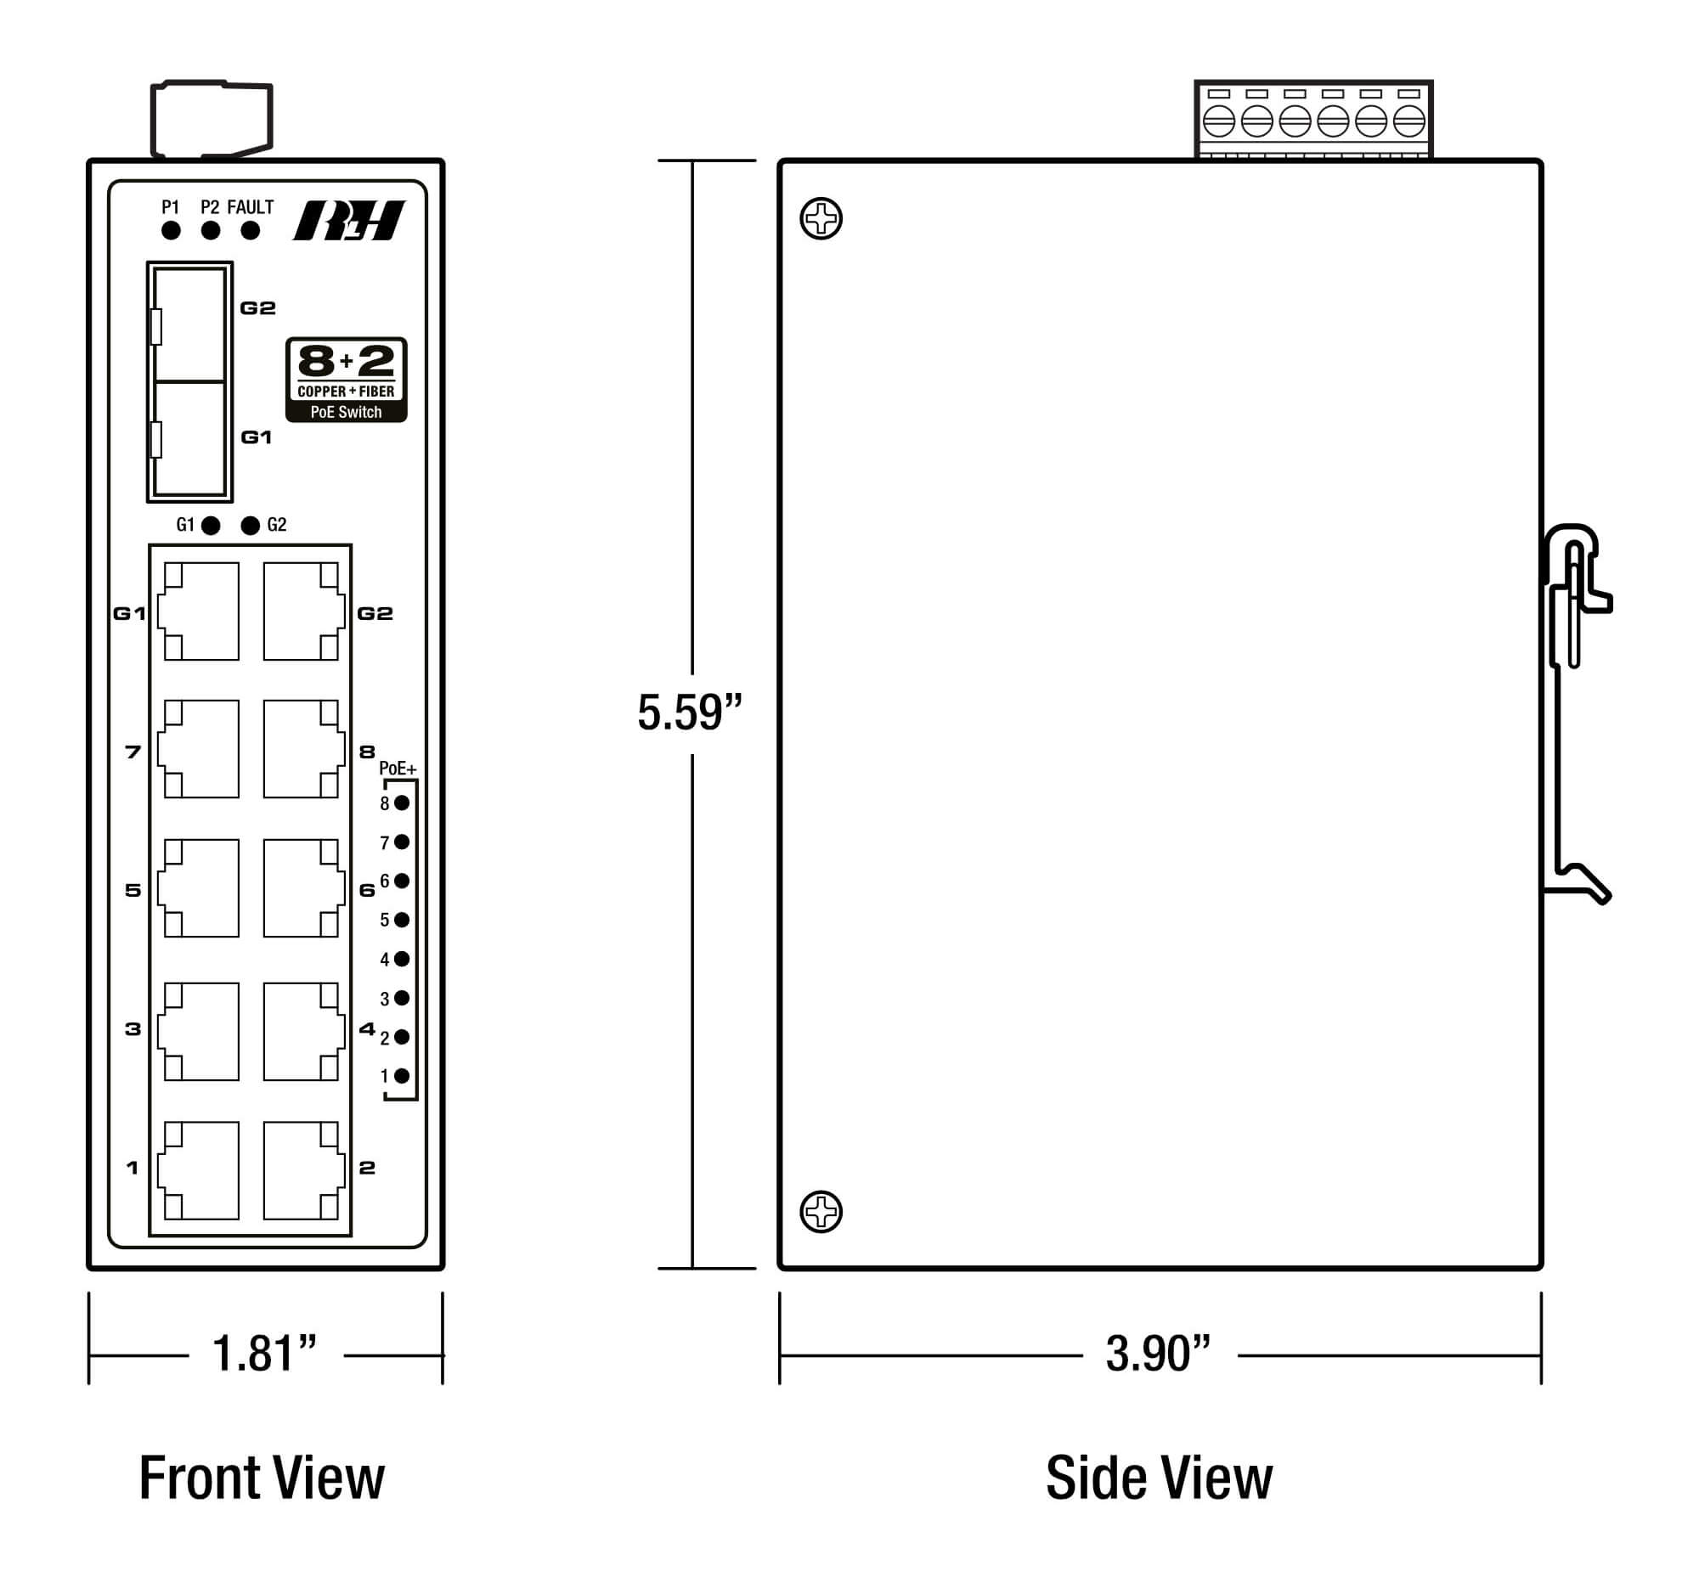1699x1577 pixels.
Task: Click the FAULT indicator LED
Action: point(250,230)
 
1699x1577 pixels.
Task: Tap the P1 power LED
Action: point(171,230)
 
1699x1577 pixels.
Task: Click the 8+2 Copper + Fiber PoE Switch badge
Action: point(346,380)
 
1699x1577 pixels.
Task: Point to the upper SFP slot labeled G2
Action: point(189,324)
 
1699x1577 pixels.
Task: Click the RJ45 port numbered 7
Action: point(200,748)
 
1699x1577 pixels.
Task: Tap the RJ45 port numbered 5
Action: point(200,887)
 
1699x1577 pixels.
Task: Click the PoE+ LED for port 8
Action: point(401,803)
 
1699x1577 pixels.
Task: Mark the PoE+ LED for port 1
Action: point(401,1075)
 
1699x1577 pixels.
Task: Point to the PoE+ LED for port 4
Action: point(401,958)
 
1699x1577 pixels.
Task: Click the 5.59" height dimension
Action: point(690,712)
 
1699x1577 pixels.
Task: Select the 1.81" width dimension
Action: point(265,1354)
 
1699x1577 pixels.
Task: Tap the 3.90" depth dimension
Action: point(1158,1354)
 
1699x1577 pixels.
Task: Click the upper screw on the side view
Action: point(821,218)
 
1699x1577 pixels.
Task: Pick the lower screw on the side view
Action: point(821,1211)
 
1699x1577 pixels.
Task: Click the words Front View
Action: point(262,1478)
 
